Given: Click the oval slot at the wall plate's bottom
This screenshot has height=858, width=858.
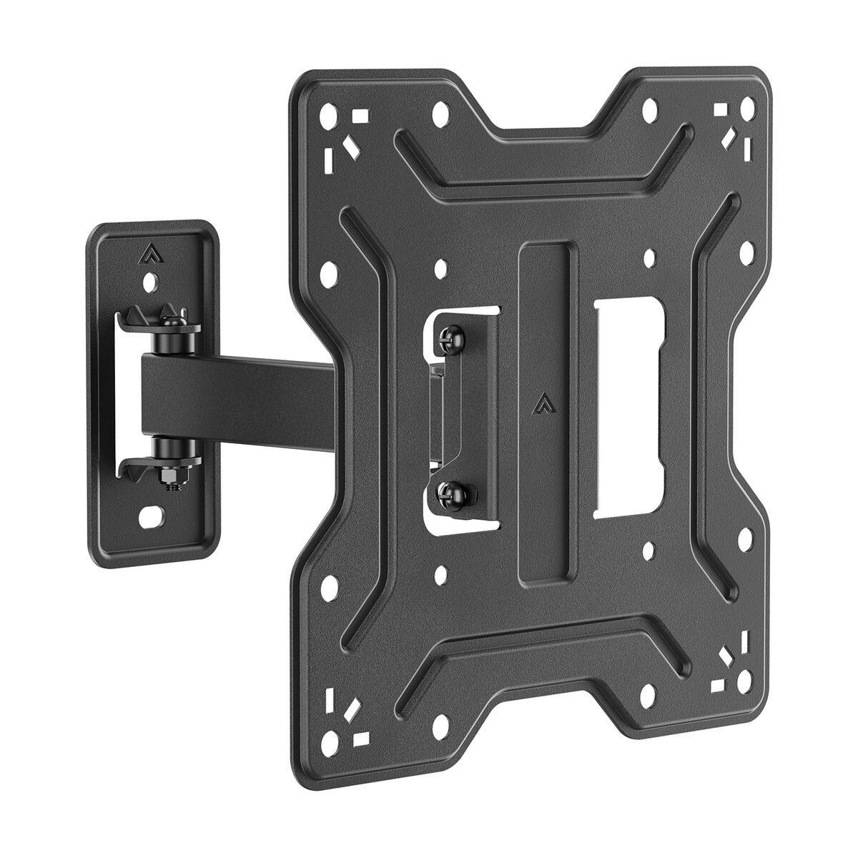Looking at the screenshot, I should tap(152, 513).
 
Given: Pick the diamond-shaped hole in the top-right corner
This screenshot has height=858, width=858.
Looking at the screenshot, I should tap(731, 134).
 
